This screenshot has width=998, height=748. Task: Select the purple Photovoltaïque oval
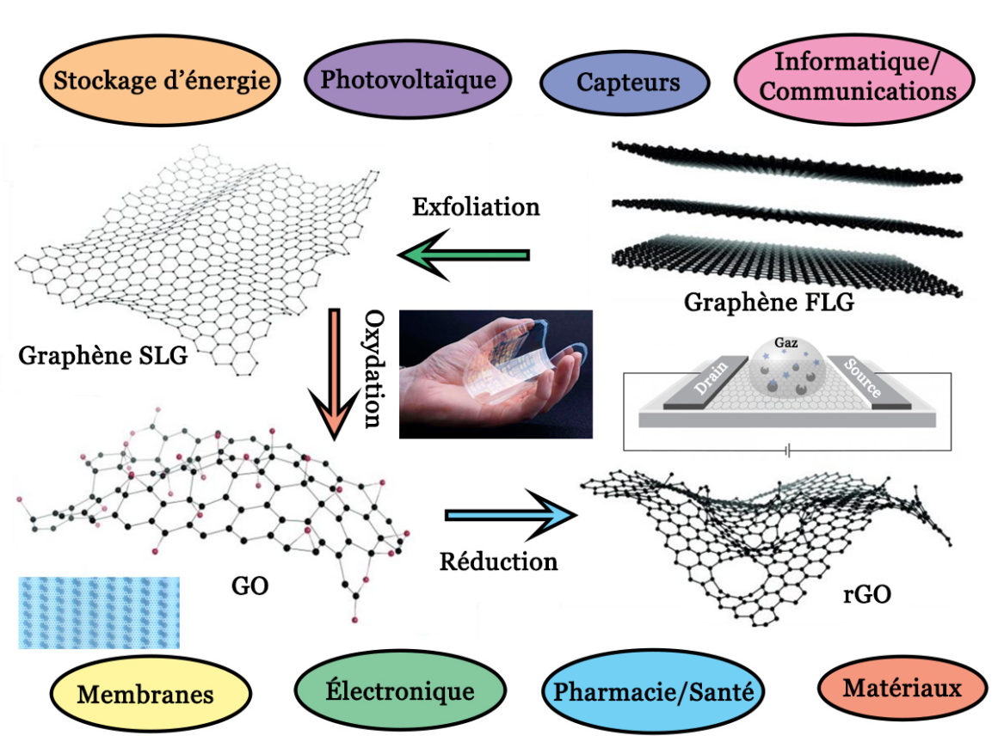point(408,80)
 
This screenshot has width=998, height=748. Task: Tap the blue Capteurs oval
point(628,83)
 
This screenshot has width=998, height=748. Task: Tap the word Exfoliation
point(476,207)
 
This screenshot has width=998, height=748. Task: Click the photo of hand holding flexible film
point(496,374)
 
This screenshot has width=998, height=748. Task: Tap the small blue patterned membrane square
point(99,612)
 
